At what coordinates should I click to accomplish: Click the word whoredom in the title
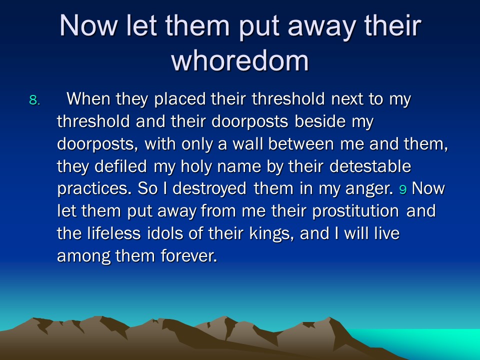pos(240,60)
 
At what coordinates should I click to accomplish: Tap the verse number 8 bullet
pos(34,100)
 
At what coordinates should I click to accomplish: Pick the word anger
pos(369,189)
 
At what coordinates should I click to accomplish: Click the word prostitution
pos(355,211)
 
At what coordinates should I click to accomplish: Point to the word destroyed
pos(209,189)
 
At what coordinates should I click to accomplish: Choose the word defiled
pos(120,166)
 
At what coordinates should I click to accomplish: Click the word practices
pos(94,189)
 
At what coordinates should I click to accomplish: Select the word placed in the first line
pos(180,99)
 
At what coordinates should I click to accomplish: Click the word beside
pos(320,121)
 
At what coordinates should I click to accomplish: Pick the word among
pos(84,256)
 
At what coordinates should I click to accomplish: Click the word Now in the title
pos(88,25)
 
